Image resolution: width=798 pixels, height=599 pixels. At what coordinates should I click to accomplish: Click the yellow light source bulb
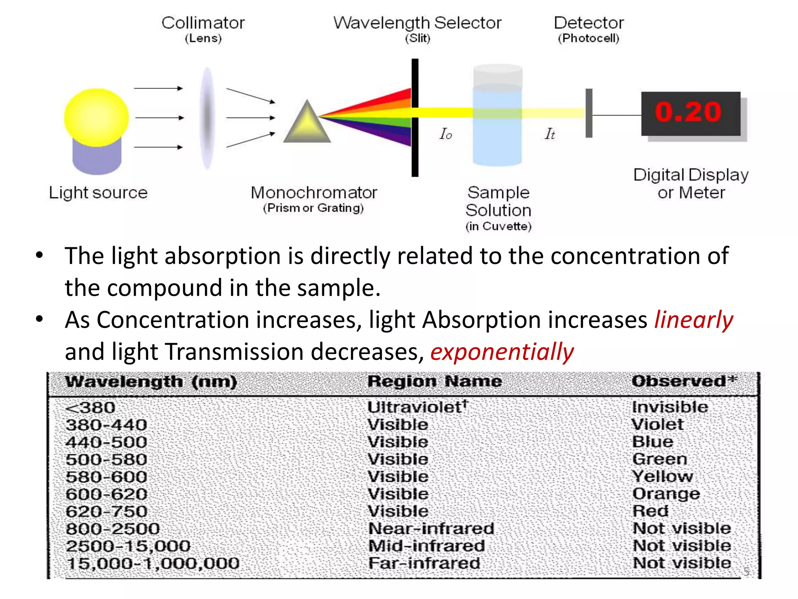[96, 117]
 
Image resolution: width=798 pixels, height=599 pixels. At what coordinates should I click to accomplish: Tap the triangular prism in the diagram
[307, 124]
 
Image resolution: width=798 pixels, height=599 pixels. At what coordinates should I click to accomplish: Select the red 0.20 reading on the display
[689, 112]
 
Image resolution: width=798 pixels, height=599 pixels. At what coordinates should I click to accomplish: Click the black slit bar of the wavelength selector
[415, 117]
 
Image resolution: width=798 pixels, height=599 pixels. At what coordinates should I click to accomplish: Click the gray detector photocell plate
[589, 113]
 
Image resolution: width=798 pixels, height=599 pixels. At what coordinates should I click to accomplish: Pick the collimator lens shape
[207, 118]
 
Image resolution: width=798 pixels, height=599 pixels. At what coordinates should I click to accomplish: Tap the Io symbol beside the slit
[446, 134]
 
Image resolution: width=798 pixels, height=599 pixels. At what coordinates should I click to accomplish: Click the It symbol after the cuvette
[550, 134]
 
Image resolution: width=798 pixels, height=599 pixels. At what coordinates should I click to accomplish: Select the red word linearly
[694, 320]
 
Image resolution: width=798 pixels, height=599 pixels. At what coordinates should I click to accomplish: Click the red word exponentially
[502, 352]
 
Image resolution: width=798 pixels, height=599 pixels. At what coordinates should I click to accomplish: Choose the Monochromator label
[314, 193]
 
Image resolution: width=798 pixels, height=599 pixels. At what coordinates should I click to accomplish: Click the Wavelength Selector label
[417, 23]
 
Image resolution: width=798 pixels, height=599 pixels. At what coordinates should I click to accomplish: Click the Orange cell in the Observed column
[666, 494]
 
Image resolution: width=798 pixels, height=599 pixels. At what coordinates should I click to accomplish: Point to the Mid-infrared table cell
[427, 546]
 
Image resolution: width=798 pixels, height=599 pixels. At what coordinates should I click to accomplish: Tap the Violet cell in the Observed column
[657, 425]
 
